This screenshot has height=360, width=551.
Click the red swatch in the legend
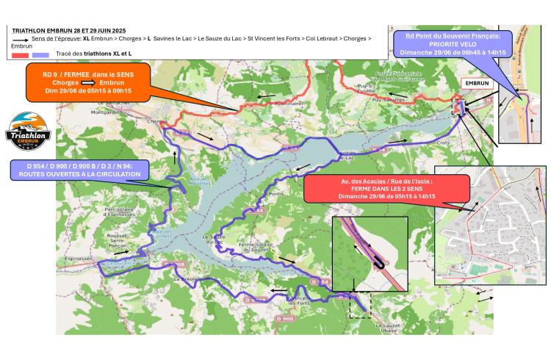(x=20, y=54)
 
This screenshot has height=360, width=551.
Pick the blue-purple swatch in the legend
(x=40, y=54)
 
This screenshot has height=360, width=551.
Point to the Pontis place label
(x=276, y=195)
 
